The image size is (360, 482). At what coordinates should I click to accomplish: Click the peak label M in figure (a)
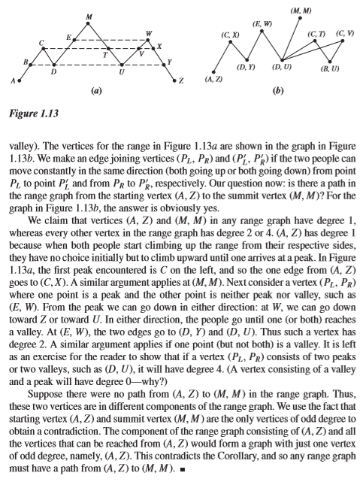click(x=89, y=17)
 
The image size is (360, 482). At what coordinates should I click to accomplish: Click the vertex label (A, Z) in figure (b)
click(x=213, y=79)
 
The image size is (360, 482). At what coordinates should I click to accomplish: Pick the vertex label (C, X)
click(x=230, y=35)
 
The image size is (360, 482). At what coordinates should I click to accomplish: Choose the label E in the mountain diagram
click(x=68, y=37)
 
